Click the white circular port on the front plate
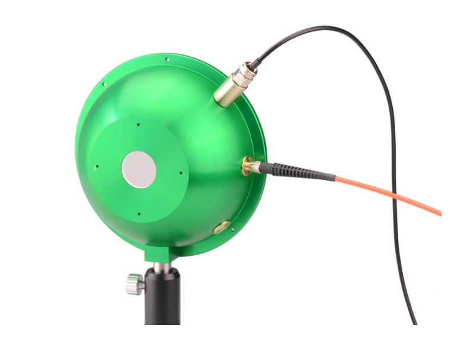click(139, 169)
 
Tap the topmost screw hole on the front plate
click(137, 124)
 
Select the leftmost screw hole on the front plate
click(94, 167)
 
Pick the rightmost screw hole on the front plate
click(181, 173)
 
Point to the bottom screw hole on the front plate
click(138, 214)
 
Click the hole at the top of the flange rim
click(168, 59)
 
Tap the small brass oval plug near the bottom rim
click(222, 226)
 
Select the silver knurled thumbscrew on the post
click(135, 283)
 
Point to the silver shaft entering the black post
click(160, 266)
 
